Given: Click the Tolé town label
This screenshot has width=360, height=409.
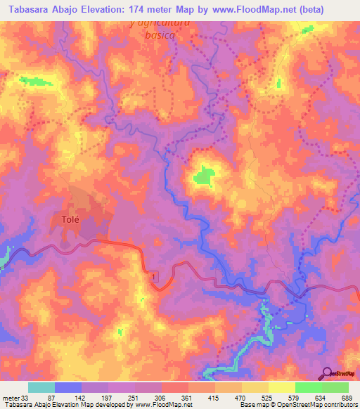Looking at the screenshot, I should [63, 219].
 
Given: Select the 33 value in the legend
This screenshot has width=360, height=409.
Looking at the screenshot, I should [27, 398].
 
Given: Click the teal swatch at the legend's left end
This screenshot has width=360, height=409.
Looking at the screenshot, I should [41, 387].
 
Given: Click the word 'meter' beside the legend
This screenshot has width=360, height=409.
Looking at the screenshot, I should [11, 398].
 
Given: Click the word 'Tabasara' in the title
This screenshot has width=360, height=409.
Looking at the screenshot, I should [28, 10].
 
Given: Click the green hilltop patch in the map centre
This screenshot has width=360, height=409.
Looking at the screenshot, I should [205, 175].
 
